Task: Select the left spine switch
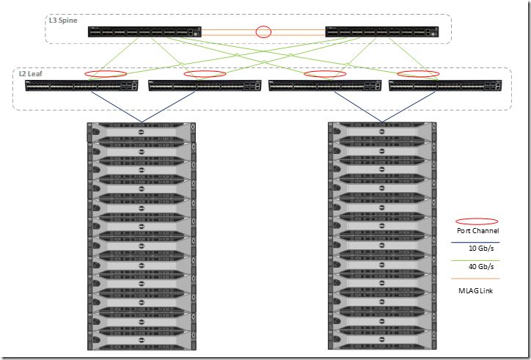pos(144,32)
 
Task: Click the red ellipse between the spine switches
pos(263,32)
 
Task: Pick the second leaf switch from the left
pos(205,87)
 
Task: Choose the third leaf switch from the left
pos(326,87)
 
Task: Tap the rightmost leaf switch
pos(447,87)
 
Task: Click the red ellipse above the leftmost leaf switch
pos(106,73)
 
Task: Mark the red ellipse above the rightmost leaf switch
pos(419,73)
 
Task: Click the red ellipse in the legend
pos(477,221)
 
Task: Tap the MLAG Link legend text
pos(477,291)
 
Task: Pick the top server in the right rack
pos(381,129)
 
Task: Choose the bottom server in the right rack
pos(381,343)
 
